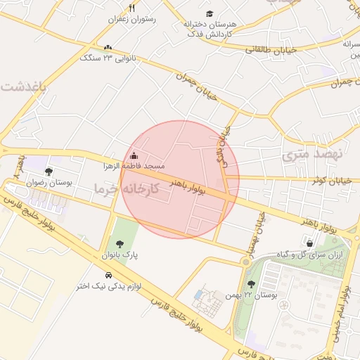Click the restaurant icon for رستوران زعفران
[x=131, y=8]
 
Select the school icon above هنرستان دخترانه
[x=210, y=13]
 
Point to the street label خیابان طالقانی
[x=271, y=49]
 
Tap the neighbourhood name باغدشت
[x=22, y=86]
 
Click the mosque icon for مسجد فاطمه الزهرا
[x=134, y=155]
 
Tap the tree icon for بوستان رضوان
[x=49, y=171]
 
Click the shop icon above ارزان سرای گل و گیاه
[x=309, y=243]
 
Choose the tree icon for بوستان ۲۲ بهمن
[x=252, y=284]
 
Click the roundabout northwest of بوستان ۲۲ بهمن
[x=245, y=262]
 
